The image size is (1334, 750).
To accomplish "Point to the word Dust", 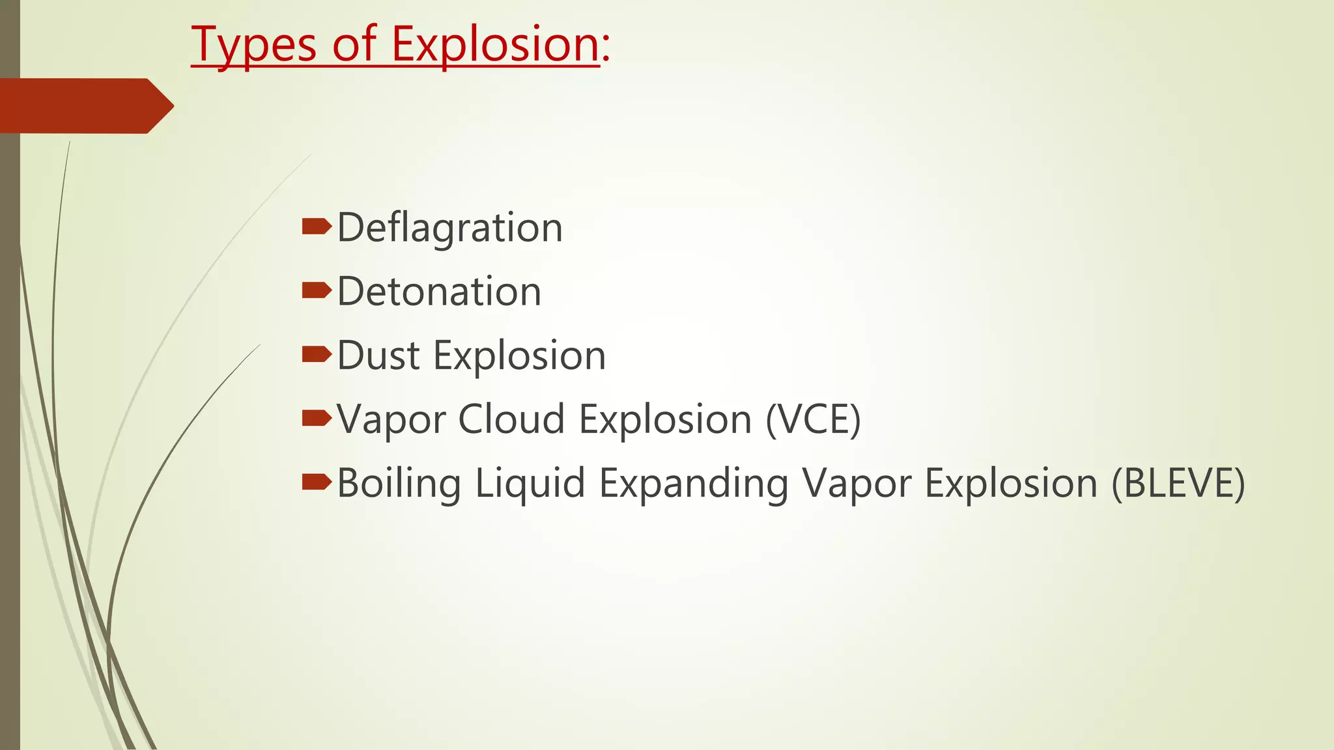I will [378, 355].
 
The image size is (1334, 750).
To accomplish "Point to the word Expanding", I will [693, 483].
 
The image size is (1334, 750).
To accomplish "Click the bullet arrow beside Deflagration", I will [317, 227].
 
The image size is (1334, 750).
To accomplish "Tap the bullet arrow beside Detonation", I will [317, 290].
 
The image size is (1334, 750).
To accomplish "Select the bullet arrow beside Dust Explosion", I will [317, 354].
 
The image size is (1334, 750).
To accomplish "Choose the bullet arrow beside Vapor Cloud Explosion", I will [317, 418].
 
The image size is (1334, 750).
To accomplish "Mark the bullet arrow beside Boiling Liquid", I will [317, 482].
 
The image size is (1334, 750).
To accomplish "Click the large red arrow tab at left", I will [85, 105].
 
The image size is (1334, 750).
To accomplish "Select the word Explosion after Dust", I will [518, 355].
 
